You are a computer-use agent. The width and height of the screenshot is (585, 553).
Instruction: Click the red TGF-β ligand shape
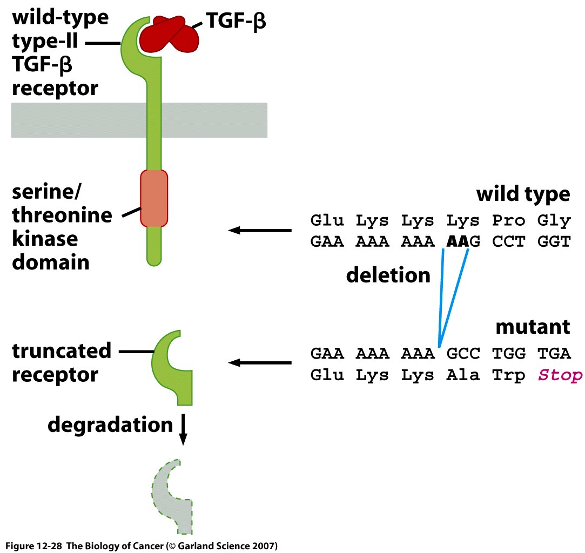(167, 35)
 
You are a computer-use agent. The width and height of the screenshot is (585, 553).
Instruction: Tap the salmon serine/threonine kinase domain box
(154, 198)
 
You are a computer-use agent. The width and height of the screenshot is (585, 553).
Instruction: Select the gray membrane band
(81, 120)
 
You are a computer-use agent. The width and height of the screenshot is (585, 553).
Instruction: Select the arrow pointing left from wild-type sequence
(259, 231)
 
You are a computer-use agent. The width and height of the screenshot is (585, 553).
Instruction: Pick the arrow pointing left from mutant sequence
(259, 362)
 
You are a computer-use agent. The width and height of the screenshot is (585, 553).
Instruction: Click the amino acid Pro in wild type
(508, 220)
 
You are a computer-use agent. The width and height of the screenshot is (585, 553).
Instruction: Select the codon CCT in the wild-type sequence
(508, 241)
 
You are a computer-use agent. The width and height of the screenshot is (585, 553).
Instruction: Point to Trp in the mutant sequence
(508, 375)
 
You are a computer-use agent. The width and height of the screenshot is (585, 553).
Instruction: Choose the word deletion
(388, 275)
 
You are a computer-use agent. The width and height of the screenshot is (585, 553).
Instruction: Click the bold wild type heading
(523, 194)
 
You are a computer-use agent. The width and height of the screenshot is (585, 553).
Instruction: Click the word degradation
(110, 424)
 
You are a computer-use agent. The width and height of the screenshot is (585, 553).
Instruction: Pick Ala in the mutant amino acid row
(463, 375)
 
